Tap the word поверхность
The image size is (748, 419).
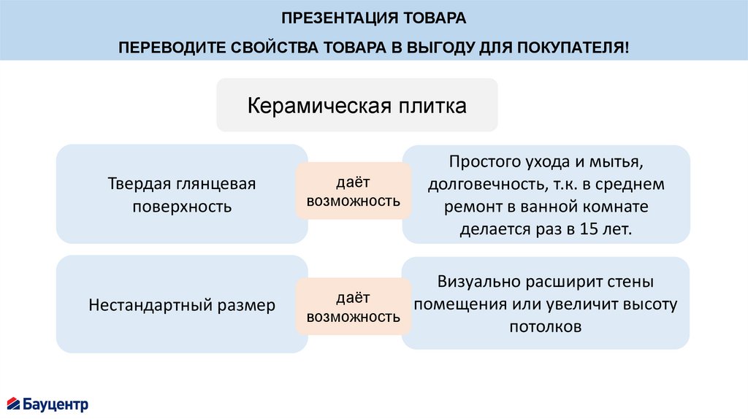point(182,207)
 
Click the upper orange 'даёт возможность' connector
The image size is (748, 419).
point(354,191)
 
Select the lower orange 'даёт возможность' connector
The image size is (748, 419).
point(354,307)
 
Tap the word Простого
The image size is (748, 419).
point(483,160)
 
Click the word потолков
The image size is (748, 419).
point(546,326)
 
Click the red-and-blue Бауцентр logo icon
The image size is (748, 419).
point(14,403)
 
